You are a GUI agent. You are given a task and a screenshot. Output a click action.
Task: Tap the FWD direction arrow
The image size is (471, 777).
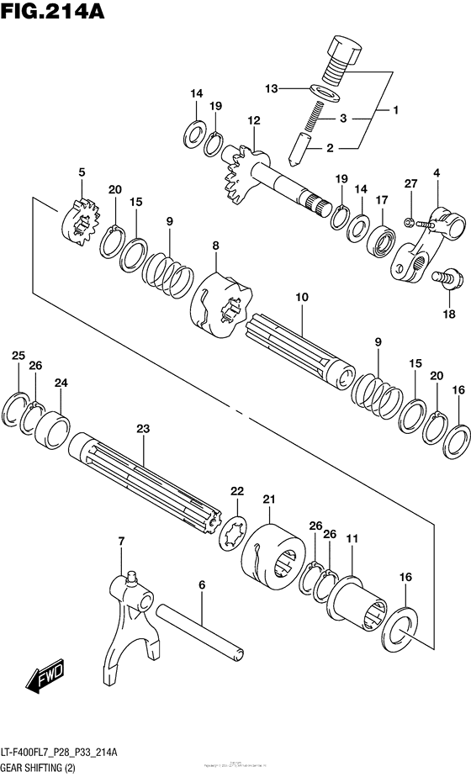point(41,678)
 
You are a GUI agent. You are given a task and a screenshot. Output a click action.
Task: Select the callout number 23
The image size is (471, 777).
point(143,429)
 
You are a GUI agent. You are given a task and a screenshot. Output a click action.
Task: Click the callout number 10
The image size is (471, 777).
point(278,298)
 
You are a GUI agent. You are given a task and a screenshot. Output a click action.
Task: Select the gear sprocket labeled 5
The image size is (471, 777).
point(81,222)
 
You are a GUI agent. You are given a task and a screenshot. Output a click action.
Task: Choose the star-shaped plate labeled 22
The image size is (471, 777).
point(232,531)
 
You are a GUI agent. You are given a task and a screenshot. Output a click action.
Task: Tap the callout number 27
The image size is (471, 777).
point(410,184)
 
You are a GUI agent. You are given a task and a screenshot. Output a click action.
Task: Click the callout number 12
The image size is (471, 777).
point(254,121)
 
